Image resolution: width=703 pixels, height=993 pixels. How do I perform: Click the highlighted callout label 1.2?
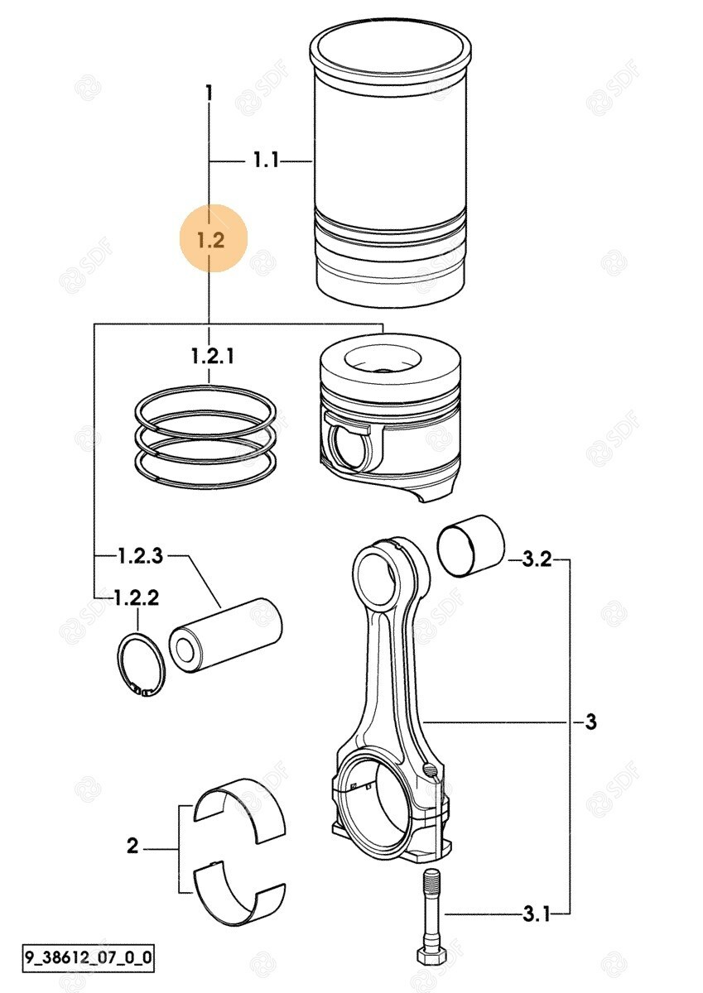(x=211, y=240)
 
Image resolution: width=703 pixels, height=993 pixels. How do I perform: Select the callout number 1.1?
(x=266, y=160)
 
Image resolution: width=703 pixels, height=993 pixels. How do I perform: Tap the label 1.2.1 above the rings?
(x=213, y=356)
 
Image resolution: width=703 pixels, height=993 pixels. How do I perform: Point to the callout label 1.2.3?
(x=141, y=555)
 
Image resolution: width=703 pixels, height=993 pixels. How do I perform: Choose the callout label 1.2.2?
(x=136, y=598)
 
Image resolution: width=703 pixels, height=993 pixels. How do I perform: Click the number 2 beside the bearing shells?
(x=132, y=846)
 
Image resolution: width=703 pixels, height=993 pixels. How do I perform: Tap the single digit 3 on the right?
(x=591, y=722)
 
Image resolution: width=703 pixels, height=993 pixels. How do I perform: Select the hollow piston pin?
(x=226, y=636)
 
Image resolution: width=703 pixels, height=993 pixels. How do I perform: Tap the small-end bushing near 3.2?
(x=471, y=545)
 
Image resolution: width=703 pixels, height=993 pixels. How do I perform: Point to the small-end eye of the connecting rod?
(x=375, y=575)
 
